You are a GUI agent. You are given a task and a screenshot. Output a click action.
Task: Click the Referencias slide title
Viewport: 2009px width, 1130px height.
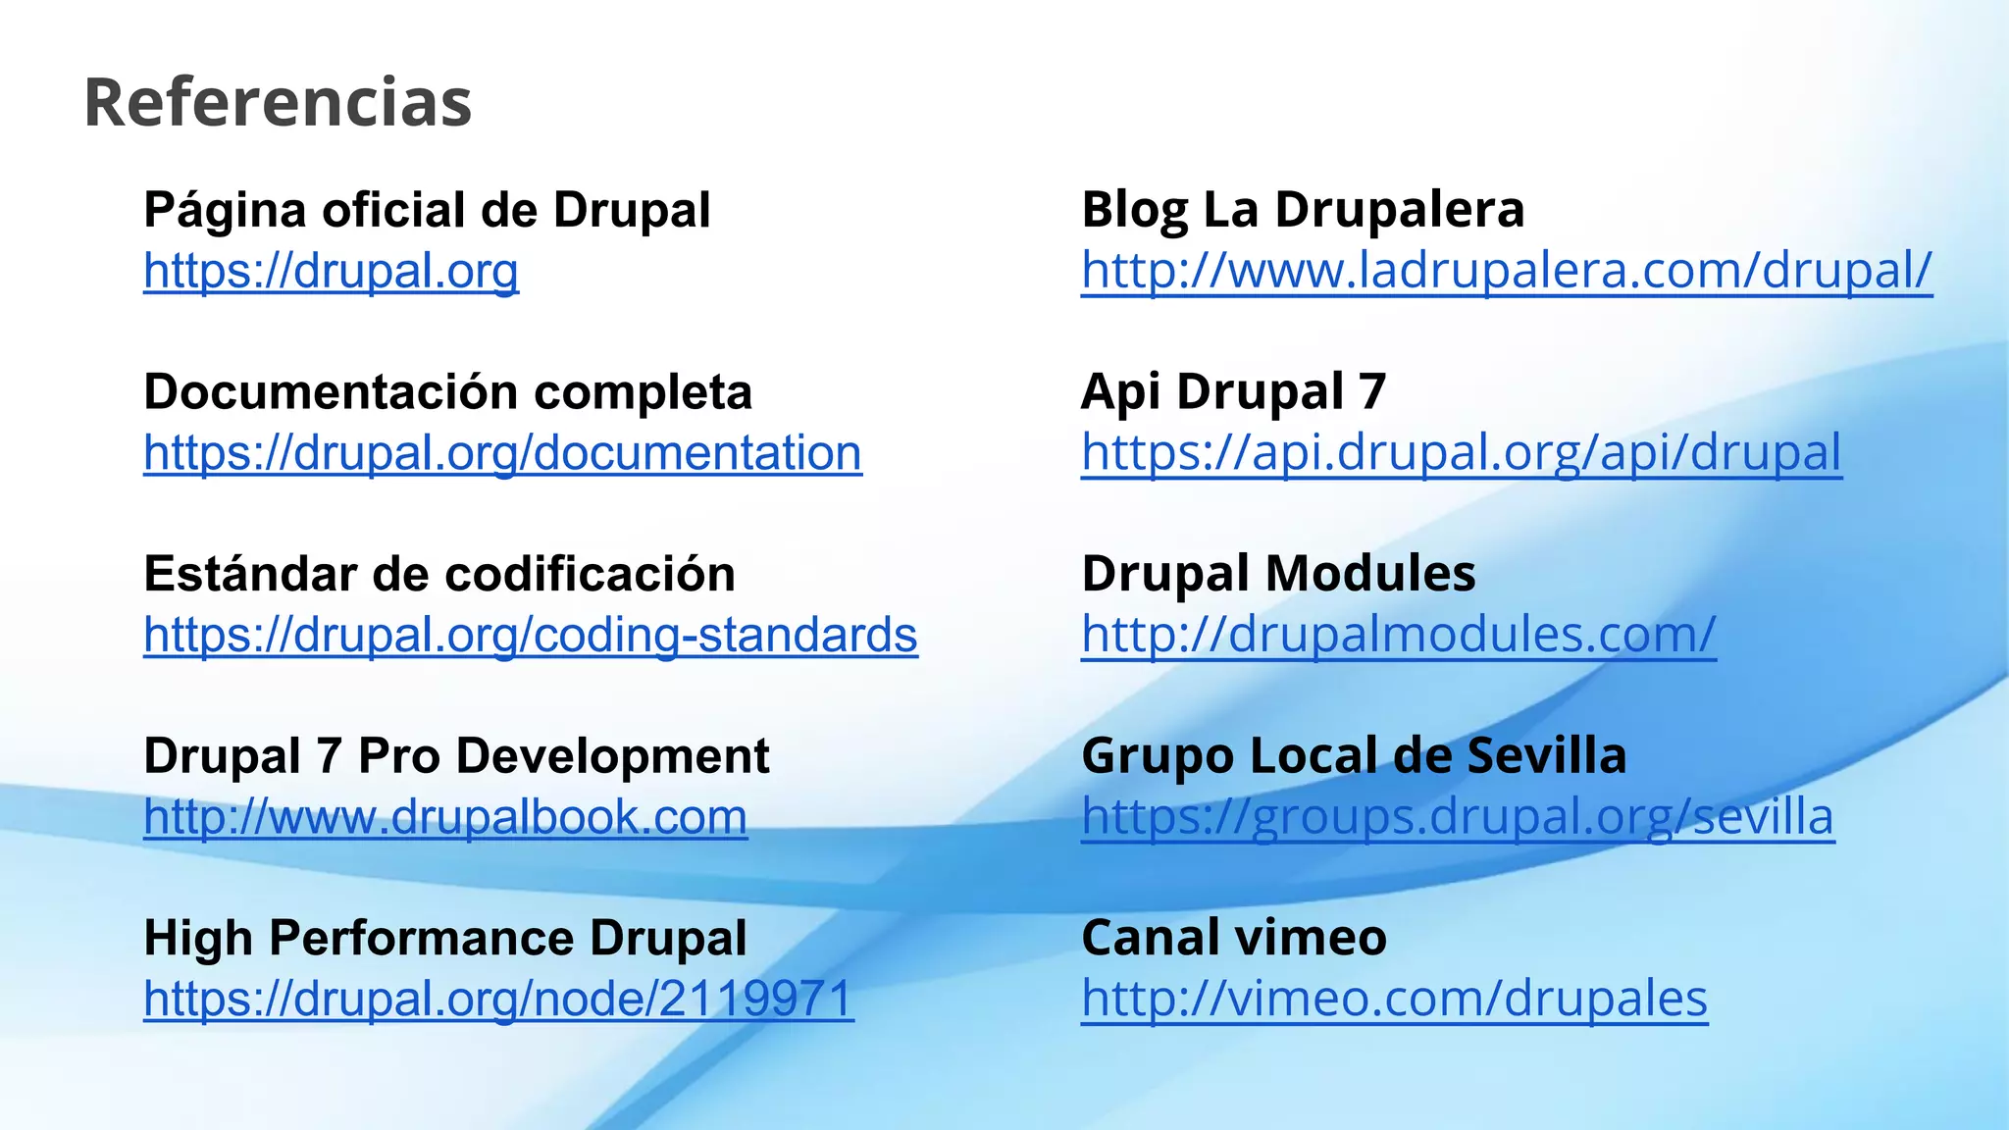point(278,102)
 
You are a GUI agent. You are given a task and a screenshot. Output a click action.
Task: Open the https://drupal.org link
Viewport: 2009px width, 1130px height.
point(331,271)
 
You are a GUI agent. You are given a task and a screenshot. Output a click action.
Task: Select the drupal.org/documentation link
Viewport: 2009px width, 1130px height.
point(502,453)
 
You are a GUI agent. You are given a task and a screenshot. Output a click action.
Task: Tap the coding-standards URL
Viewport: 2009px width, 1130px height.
point(530,635)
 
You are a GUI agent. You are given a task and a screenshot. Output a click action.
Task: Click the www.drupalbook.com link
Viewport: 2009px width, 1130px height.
point(444,817)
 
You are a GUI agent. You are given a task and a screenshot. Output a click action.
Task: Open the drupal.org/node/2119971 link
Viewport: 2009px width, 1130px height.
point(498,999)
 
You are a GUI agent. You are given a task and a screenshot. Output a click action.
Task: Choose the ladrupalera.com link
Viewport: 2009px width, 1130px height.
point(1506,271)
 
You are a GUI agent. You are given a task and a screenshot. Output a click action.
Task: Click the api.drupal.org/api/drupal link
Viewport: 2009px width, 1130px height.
point(1461,453)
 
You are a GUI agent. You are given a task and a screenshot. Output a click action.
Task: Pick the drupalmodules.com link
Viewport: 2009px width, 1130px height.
point(1398,635)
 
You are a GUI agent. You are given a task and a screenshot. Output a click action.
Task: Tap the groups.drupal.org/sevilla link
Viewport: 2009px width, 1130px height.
point(1457,817)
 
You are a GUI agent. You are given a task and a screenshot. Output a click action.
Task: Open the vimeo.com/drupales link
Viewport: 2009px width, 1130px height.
point(1394,999)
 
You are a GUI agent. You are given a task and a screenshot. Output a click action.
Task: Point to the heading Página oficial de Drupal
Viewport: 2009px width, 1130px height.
point(427,210)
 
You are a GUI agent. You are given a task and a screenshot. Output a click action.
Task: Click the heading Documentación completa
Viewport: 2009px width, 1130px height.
point(447,392)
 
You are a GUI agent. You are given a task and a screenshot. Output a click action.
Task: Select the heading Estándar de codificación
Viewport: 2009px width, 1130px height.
point(438,574)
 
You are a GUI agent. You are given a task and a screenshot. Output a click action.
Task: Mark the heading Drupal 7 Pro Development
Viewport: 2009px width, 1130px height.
point(456,756)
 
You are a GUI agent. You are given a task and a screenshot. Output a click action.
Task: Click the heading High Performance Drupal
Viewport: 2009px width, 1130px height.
point(444,938)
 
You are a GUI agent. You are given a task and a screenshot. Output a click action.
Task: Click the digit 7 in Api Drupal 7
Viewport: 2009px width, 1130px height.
point(1372,392)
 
